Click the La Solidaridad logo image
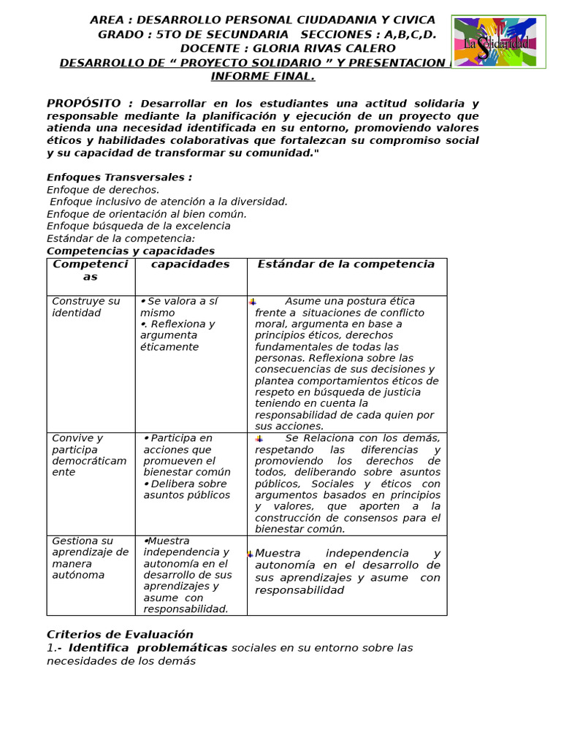498,42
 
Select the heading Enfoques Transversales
119,178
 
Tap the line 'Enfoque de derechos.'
103,190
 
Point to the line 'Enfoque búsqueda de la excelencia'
139,226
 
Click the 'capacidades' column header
190,264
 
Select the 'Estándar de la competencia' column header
346,264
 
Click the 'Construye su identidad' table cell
86,308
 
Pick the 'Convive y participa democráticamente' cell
89,455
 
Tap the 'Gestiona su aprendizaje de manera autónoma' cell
90,558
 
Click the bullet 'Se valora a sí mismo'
179,307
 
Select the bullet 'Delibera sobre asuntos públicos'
186,489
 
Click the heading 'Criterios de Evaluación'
120,635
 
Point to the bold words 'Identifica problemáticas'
148,648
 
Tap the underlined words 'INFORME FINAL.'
263,77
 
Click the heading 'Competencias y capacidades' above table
131,251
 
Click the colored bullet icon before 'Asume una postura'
252,302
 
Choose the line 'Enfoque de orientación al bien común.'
147,214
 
